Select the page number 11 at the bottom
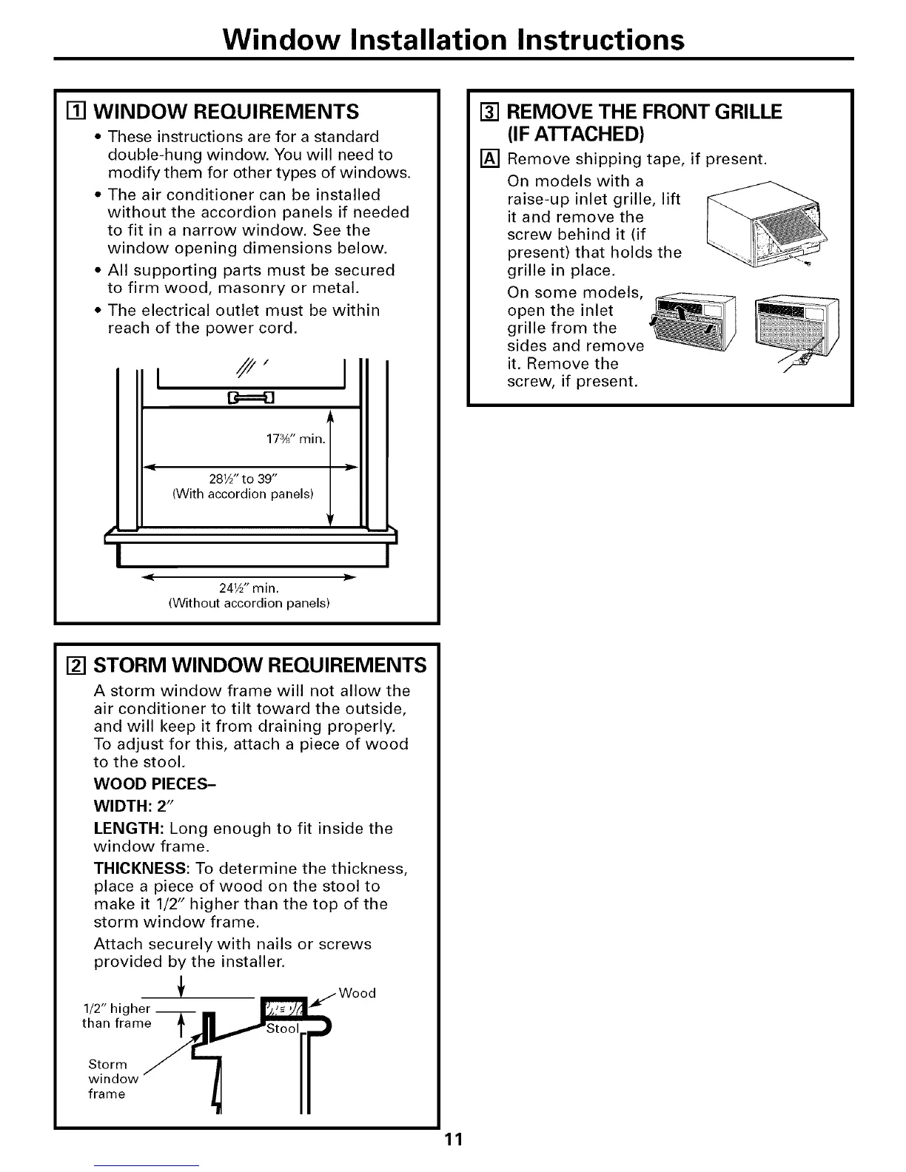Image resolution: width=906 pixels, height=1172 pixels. (454, 1138)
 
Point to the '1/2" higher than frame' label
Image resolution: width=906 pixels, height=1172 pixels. (116, 1016)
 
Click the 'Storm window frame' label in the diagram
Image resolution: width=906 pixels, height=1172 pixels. (108, 1079)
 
